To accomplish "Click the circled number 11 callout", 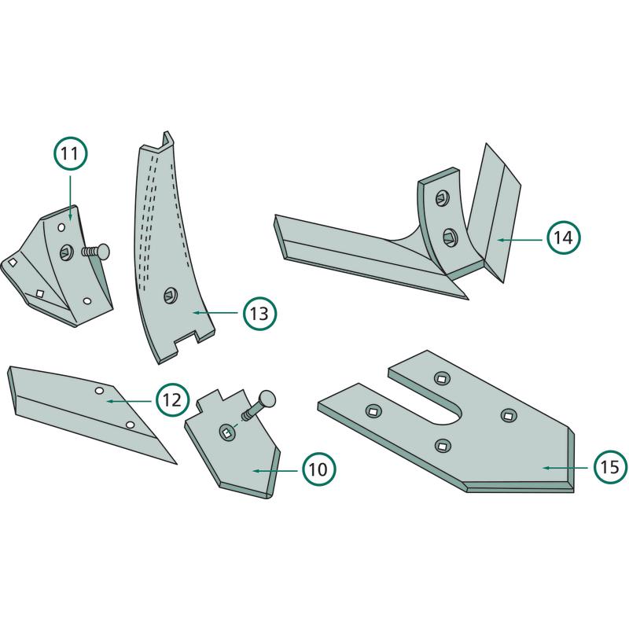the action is click(71, 153).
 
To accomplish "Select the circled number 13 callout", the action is click(259, 313).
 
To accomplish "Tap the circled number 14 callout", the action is click(563, 237).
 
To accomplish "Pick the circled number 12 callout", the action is click(172, 400).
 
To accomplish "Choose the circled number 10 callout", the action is click(319, 469).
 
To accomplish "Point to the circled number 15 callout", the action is click(611, 466).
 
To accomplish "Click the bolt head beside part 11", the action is click(102, 251).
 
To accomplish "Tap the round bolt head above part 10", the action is click(267, 399).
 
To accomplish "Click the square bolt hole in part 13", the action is click(170, 296).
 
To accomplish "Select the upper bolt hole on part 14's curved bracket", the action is click(442, 198).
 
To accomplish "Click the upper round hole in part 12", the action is click(98, 391).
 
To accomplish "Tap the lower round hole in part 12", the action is click(130, 425).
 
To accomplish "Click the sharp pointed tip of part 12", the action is click(176, 464).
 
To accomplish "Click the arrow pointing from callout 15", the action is click(565, 467).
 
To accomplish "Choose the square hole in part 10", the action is click(226, 433).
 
